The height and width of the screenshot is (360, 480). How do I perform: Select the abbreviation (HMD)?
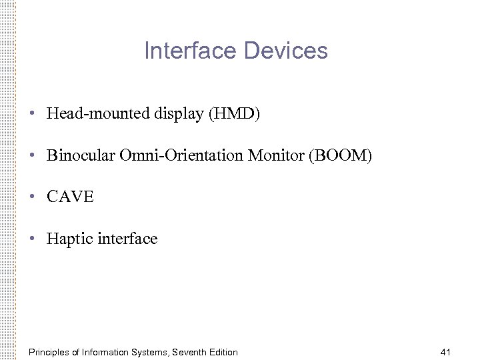235,114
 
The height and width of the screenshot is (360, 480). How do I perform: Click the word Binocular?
81,156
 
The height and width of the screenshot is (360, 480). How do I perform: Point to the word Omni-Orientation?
181,156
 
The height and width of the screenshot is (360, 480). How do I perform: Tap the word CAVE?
71,197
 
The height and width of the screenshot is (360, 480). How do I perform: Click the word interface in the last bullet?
127,239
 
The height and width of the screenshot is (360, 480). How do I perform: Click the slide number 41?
446,352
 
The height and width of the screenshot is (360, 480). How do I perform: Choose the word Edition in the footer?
223,352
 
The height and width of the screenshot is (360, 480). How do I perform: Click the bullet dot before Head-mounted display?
32,114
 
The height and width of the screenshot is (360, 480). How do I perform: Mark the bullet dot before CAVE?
32,197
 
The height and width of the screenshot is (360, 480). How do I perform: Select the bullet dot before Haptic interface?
32,239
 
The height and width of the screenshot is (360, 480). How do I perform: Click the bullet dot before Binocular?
32,156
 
